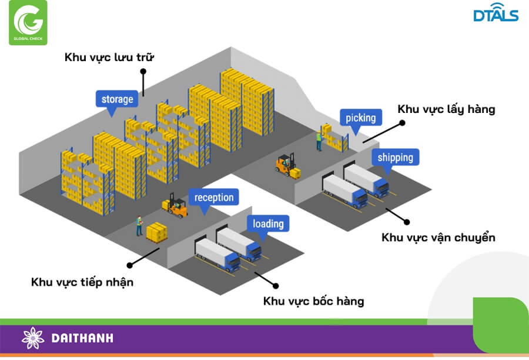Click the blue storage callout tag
117,99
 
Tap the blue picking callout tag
360,118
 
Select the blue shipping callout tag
395,157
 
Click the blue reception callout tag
214,198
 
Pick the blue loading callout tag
268,224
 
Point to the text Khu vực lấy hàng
446,109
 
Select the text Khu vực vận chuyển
438,238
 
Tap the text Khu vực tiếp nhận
82,282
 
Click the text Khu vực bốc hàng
314,301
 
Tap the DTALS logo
495,14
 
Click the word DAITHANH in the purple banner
82,338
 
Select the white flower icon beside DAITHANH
33,338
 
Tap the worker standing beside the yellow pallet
139,226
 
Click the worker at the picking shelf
319,141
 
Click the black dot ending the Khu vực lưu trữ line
143,71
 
